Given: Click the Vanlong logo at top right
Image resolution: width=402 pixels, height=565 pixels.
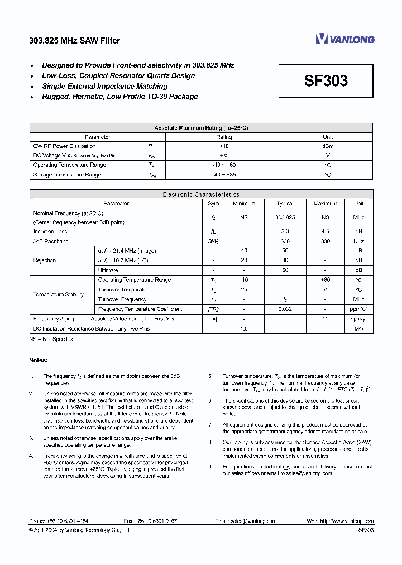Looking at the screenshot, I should (x=344, y=39).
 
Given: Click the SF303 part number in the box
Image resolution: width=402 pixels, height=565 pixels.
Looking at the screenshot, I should (x=326, y=81).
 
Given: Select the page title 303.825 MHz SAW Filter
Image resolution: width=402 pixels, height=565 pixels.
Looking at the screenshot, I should (x=74, y=40).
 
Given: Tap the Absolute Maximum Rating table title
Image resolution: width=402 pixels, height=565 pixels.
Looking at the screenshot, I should (x=201, y=128).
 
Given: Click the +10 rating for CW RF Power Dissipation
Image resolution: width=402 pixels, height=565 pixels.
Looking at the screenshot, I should (x=224, y=146).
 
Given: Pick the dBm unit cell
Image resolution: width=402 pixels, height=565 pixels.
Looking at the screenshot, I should (x=328, y=146).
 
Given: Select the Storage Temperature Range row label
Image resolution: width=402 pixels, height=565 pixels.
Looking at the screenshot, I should (x=67, y=175).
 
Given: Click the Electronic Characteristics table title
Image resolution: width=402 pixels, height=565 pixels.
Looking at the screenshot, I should (x=201, y=194).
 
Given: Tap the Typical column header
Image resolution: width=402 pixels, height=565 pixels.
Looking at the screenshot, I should (x=285, y=204).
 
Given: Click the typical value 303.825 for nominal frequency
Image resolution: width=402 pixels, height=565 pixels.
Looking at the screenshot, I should (x=285, y=218).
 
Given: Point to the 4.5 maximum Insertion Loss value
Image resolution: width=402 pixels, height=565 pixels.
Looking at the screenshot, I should (x=325, y=231).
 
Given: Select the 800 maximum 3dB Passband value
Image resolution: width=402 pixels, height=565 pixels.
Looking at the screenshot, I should (x=325, y=241).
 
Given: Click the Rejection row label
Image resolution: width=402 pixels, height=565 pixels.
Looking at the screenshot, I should (x=45, y=260).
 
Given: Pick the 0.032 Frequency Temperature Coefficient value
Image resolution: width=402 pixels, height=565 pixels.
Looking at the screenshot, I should (x=285, y=309).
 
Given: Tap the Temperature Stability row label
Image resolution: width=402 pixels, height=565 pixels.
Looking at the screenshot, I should (x=59, y=294).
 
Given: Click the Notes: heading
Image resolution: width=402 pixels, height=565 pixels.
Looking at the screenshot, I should (x=39, y=360).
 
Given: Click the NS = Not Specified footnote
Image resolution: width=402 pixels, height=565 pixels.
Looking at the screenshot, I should (x=52, y=339).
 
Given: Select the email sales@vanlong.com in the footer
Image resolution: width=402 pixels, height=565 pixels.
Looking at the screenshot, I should (x=254, y=521).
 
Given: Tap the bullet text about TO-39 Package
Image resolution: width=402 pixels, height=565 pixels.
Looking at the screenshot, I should (x=120, y=97).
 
